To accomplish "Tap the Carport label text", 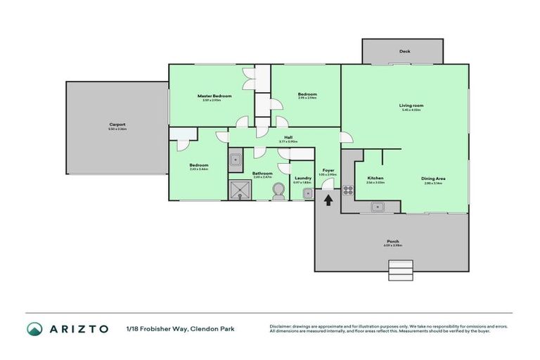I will point(117,124).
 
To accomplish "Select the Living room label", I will point(411,105).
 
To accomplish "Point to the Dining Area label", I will point(433,179).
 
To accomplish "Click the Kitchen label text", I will point(375,179).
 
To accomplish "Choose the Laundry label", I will point(302,179).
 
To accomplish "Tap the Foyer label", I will point(328,170).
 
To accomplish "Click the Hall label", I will point(288,138).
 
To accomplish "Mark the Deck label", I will point(403,51).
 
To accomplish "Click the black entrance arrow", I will point(328,200).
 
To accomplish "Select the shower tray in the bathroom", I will point(240,190).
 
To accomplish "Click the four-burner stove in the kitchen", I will point(347,189).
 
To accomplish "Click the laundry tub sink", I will point(307,193).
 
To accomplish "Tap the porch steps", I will point(401,269).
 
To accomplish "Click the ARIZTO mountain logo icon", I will point(34,328).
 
